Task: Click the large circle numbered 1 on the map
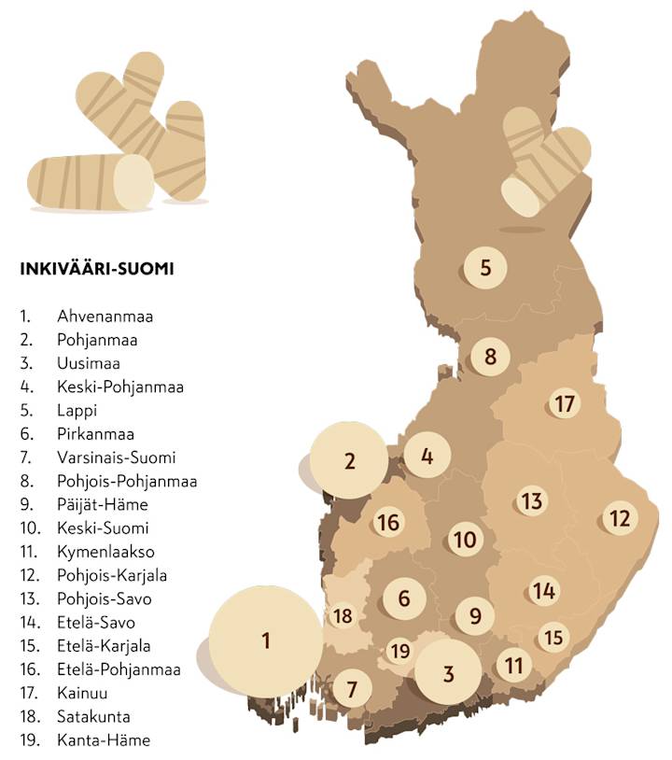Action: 264,640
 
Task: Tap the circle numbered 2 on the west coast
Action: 349,460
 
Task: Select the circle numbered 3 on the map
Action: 448,673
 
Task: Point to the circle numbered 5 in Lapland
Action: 484,268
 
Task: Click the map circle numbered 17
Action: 564,404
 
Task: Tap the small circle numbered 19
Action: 400,651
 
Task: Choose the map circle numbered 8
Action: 490,356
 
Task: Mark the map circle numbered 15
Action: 553,637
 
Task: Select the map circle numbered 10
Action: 464,539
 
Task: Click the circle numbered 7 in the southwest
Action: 352,690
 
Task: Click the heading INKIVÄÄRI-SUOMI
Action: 96,269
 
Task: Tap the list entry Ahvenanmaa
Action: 105,317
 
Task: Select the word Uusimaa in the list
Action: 88,363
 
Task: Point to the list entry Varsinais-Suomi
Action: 116,457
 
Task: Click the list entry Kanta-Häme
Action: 103,740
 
